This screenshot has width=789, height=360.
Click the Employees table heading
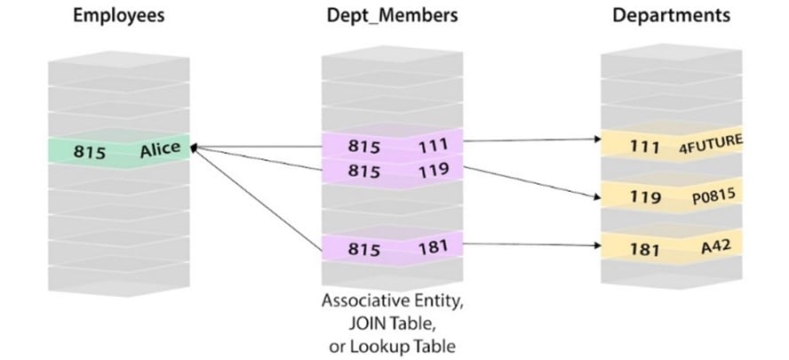point(120,16)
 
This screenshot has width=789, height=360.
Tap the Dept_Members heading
point(393,16)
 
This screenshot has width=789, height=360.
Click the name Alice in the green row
point(160,150)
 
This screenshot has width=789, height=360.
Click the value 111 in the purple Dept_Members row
point(434,144)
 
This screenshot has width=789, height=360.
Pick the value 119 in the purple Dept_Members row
point(434,168)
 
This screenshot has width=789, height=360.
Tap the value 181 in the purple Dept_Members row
point(434,246)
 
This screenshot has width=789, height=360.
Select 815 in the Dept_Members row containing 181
point(363,248)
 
